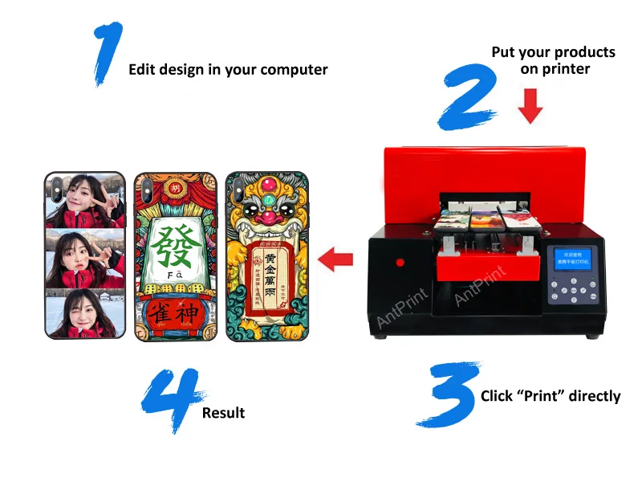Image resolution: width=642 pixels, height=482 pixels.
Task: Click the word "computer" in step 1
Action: [x=295, y=70]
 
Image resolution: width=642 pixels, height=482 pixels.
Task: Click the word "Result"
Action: [x=223, y=413]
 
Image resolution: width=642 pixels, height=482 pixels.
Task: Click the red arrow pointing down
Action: [x=530, y=106]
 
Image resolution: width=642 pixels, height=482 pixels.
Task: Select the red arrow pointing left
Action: [x=336, y=259]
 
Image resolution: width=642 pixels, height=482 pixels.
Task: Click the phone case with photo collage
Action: [x=84, y=256]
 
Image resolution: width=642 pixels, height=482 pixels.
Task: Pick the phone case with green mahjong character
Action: [x=176, y=256]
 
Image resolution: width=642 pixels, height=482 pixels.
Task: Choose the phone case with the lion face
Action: [x=267, y=256]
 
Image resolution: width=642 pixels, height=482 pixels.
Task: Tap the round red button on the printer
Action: [x=400, y=263]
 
